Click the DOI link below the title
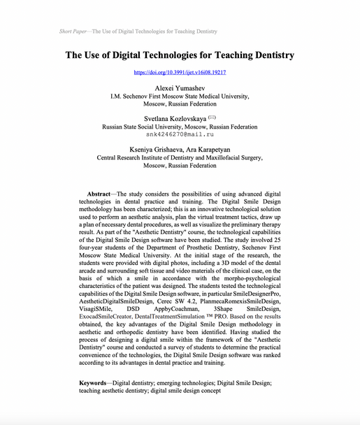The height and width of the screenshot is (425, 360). click(x=180, y=72)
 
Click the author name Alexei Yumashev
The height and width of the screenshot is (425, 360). click(x=180, y=88)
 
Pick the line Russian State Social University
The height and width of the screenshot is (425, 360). click(x=180, y=127)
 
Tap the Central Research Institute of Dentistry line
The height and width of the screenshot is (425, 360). click(x=180, y=159)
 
